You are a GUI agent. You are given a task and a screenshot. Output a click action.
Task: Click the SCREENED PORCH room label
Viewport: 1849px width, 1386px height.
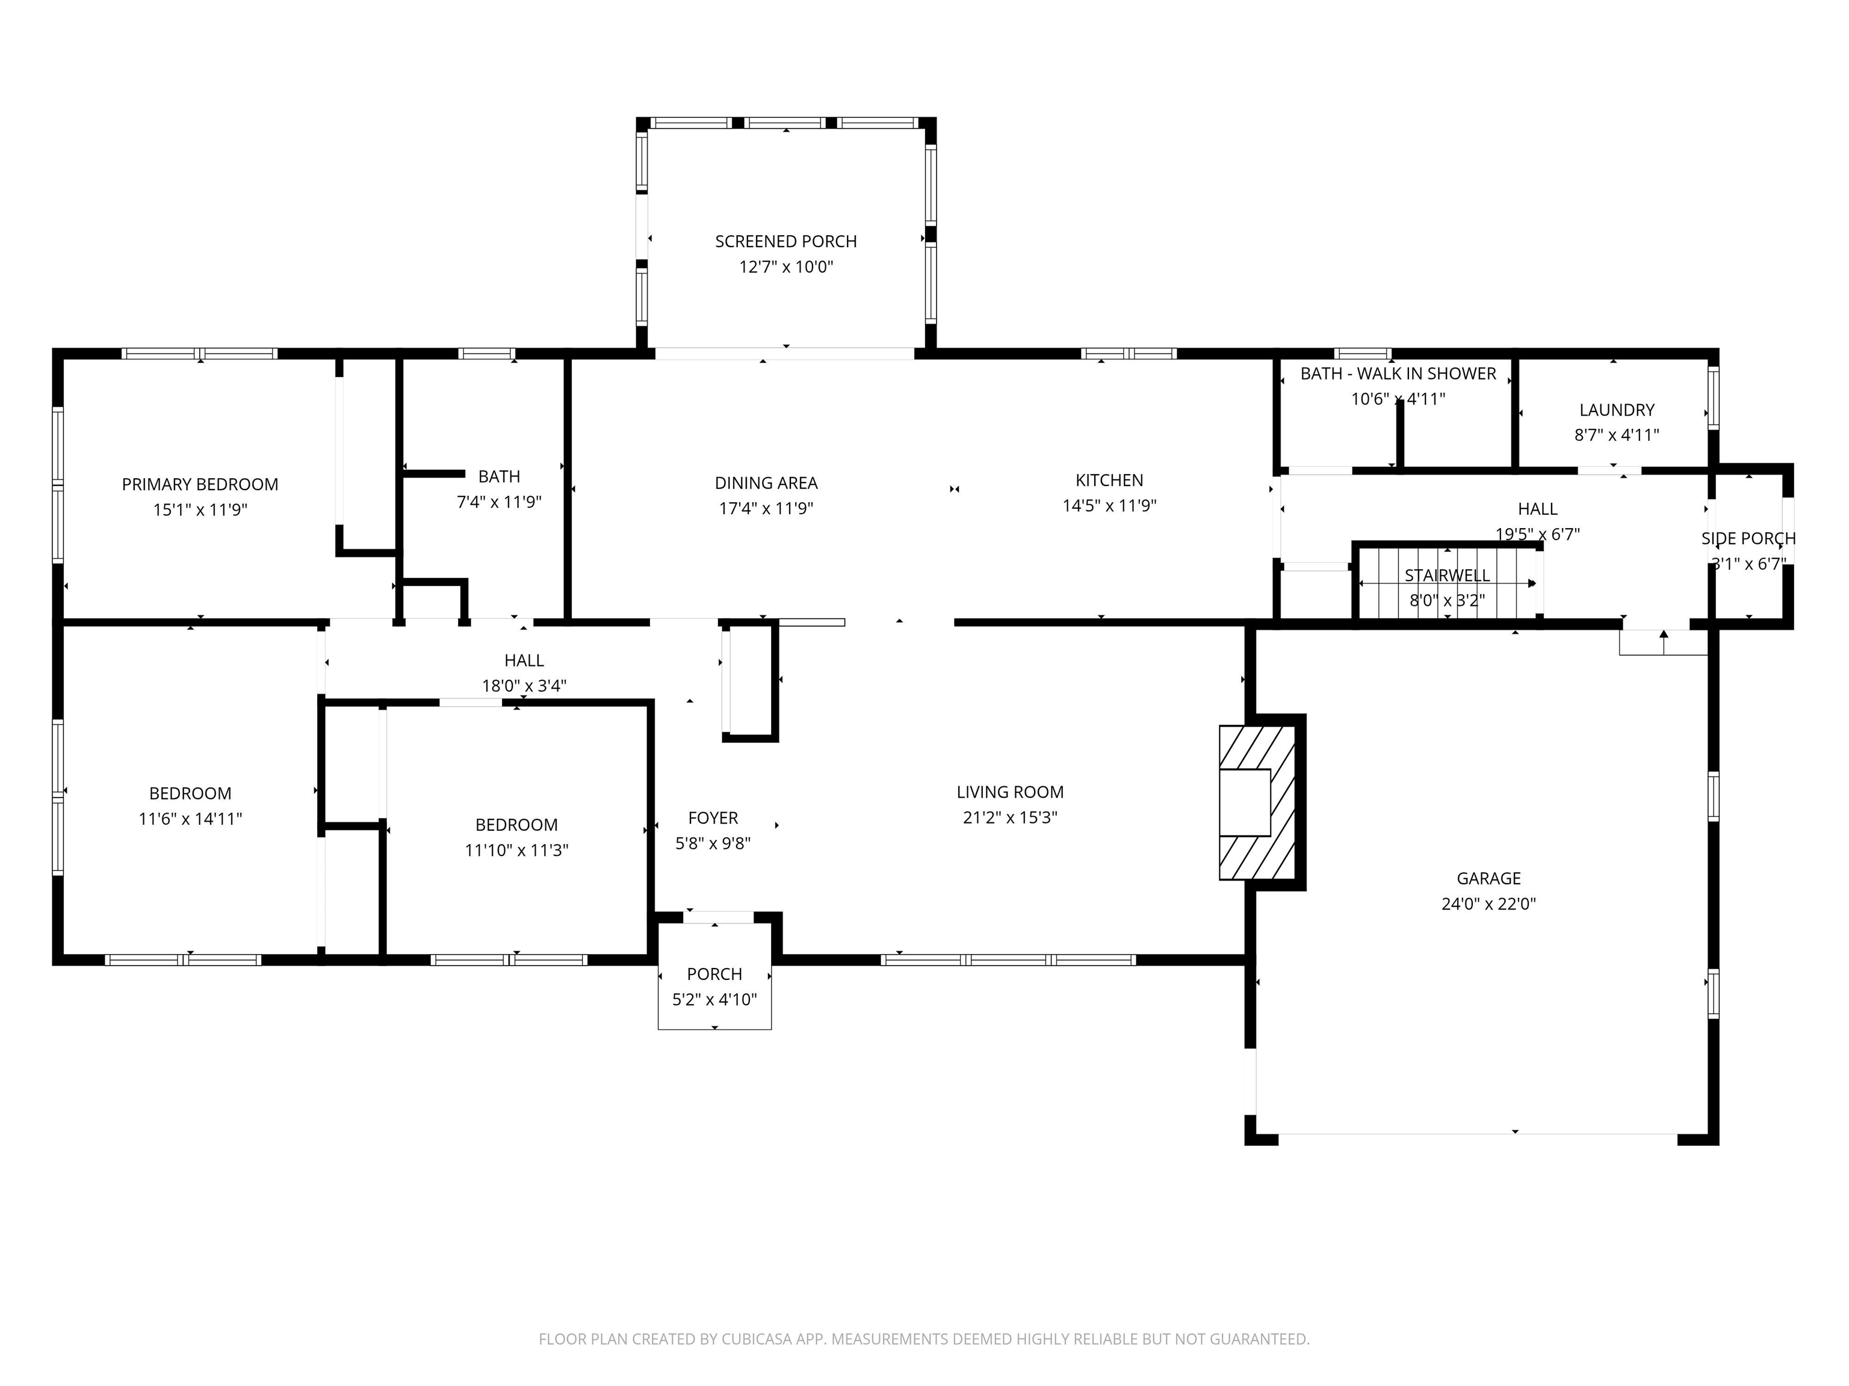(x=785, y=241)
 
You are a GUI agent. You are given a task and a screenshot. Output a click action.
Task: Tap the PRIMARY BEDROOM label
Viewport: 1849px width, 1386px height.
(x=200, y=484)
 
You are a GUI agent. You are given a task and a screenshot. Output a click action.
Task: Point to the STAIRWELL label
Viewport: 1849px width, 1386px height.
(x=1447, y=576)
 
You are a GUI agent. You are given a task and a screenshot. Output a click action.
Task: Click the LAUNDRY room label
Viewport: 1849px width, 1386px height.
(x=1617, y=410)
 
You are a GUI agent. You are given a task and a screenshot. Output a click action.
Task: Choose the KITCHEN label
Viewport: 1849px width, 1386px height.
(x=1109, y=481)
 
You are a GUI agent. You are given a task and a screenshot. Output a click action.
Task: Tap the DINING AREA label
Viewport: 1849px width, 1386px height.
(x=766, y=483)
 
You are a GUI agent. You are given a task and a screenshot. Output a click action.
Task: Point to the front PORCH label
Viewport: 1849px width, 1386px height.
(x=714, y=974)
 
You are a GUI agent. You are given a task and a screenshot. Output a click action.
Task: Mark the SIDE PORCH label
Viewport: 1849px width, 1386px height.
(x=1748, y=539)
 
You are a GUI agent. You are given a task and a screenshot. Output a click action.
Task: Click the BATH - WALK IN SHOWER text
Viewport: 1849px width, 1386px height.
(x=1398, y=374)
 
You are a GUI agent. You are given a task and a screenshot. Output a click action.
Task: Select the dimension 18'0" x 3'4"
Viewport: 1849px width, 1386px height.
(x=524, y=686)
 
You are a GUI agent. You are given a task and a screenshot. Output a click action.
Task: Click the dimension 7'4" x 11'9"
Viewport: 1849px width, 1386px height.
(x=499, y=502)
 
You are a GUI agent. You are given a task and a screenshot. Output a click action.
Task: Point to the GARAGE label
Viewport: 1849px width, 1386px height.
(x=1488, y=878)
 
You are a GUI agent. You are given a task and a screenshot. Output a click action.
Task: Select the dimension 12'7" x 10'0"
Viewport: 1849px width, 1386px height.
(x=785, y=267)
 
